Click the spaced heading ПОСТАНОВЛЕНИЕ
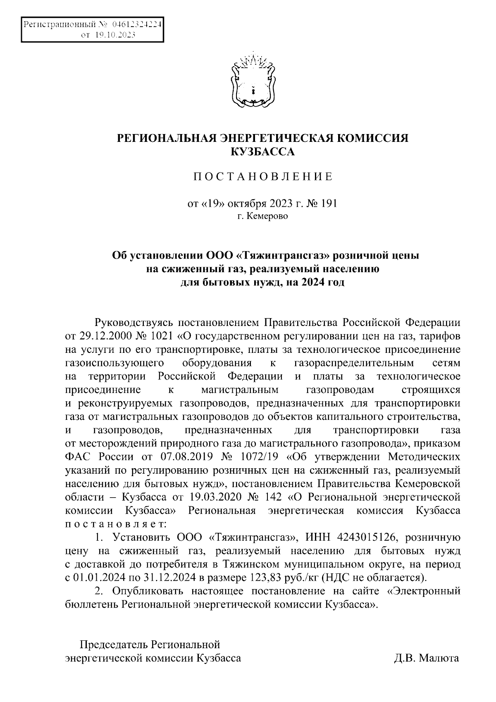coord(263,177)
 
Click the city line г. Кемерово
coord(263,216)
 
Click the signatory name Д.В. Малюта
coord(426,658)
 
